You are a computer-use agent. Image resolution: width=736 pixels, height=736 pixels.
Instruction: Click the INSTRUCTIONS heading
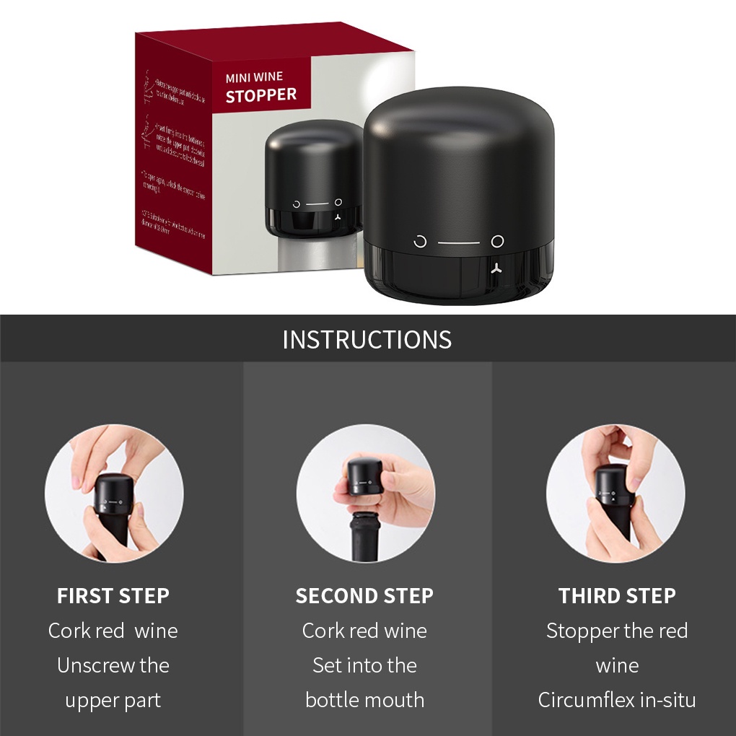point(367,339)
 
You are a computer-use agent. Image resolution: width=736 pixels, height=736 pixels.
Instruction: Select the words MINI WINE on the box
point(254,77)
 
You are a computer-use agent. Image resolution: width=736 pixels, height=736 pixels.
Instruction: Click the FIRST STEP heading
point(113,596)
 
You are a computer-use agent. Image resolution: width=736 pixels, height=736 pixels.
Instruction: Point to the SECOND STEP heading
point(364,596)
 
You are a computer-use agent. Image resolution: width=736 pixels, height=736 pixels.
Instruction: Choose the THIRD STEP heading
point(617,596)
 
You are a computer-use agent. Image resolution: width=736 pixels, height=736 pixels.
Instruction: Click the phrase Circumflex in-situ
point(617,700)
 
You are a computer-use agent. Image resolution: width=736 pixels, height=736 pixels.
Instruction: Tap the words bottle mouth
point(364,700)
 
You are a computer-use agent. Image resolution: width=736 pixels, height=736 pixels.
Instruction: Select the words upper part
point(113,700)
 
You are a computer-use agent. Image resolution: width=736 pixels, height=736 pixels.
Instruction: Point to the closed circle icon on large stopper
point(497,241)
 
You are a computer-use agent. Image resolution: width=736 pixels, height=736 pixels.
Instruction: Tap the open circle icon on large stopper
point(420,242)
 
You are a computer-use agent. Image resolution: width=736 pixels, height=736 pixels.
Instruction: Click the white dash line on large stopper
point(458,242)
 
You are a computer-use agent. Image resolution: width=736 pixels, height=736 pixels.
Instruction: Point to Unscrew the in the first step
point(113,665)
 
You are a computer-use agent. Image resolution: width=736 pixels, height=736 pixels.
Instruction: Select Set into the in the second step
point(364,665)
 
